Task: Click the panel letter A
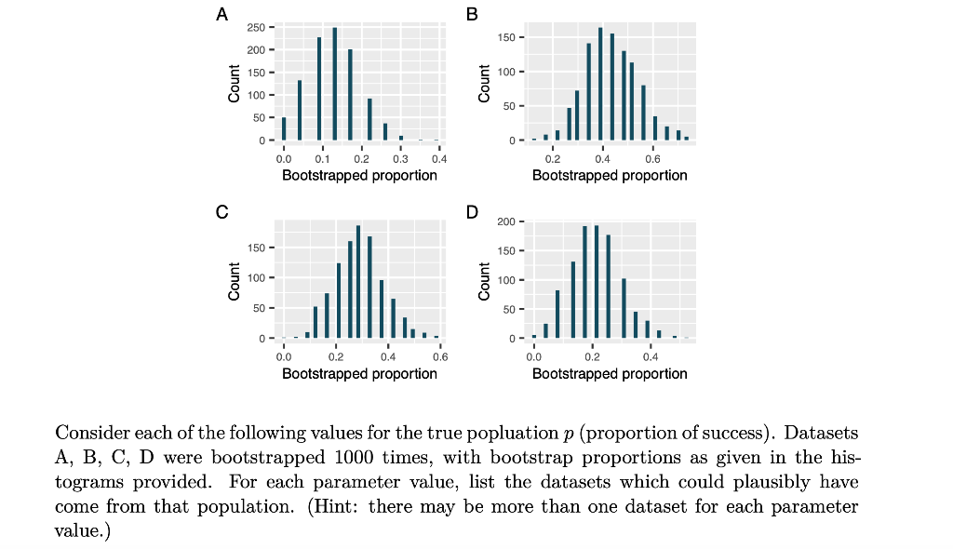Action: [x=221, y=14]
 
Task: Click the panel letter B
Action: [x=471, y=14]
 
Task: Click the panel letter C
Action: [x=221, y=212]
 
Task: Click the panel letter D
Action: [x=472, y=212]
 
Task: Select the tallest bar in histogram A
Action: [x=334, y=84]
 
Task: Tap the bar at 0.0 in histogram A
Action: [x=284, y=128]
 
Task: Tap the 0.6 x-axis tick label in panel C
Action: [x=440, y=356]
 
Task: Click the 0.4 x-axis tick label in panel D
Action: [x=651, y=356]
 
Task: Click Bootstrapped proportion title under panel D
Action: [x=610, y=373]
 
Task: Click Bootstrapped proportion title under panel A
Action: [x=359, y=175]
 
